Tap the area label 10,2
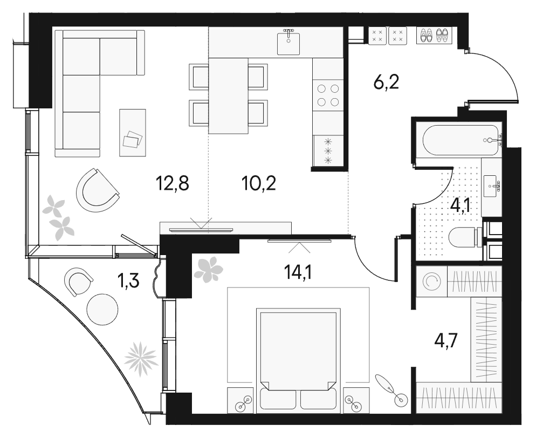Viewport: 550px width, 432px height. coord(259,185)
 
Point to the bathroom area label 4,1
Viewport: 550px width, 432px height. coord(463,205)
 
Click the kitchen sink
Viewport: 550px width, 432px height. coord(288,42)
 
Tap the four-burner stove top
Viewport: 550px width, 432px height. coord(328,95)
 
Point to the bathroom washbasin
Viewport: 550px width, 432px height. coord(491,187)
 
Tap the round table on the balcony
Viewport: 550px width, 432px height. coord(102,310)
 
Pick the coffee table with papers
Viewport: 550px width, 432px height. coord(133,133)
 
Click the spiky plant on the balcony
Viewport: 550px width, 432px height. coord(141,358)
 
